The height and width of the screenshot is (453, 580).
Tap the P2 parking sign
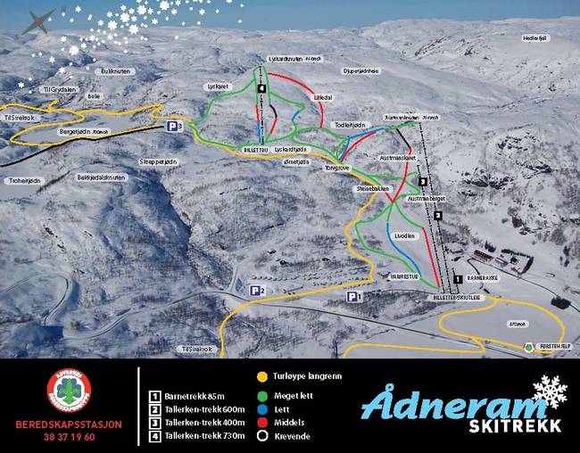258,290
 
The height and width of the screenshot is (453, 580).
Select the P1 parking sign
355,297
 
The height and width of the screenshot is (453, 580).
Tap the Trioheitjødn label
24,180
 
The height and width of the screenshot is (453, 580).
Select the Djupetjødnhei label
360,70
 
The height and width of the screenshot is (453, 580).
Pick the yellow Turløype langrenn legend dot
262,375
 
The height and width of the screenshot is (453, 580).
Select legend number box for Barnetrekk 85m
154,395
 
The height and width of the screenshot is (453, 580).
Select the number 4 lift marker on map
261,89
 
